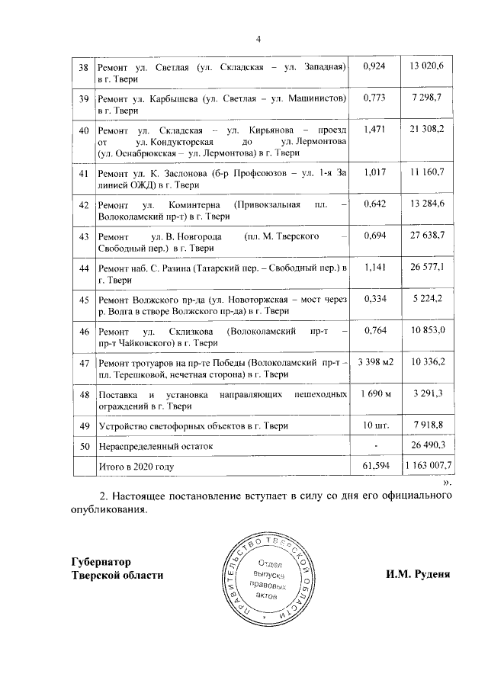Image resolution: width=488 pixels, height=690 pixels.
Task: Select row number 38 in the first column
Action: coord(85,68)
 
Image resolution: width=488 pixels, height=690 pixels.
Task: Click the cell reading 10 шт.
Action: coord(375,424)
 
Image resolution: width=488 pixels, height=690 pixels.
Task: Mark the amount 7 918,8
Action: coord(432,424)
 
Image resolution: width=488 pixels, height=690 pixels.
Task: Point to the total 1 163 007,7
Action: coord(429,465)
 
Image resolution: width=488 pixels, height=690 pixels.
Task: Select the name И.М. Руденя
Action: coord(418,573)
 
